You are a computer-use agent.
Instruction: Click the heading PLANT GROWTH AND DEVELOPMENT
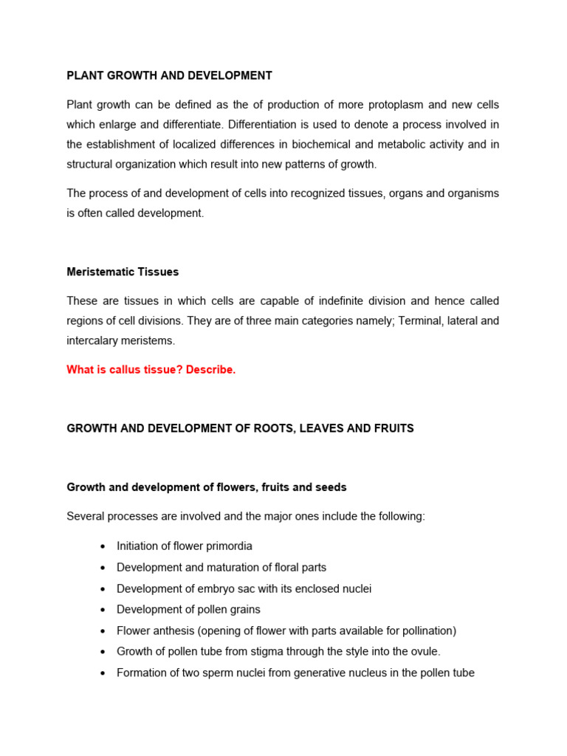(169, 76)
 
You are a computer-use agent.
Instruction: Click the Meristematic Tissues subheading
(123, 272)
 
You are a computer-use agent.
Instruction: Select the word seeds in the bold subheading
(331, 487)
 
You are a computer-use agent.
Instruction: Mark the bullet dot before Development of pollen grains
(103, 610)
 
